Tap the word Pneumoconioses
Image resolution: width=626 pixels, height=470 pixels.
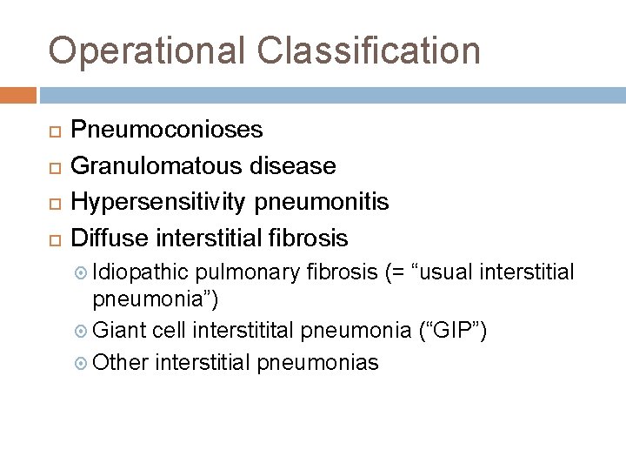(x=166, y=130)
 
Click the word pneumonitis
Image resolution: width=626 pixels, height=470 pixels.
(x=321, y=202)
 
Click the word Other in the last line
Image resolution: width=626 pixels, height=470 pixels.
(x=120, y=362)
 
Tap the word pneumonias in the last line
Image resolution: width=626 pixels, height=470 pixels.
(x=318, y=362)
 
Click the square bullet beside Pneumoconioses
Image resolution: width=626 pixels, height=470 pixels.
(x=53, y=131)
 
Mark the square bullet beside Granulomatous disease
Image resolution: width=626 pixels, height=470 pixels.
(x=53, y=166)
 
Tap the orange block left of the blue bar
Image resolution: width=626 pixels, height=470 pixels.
(x=18, y=93)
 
